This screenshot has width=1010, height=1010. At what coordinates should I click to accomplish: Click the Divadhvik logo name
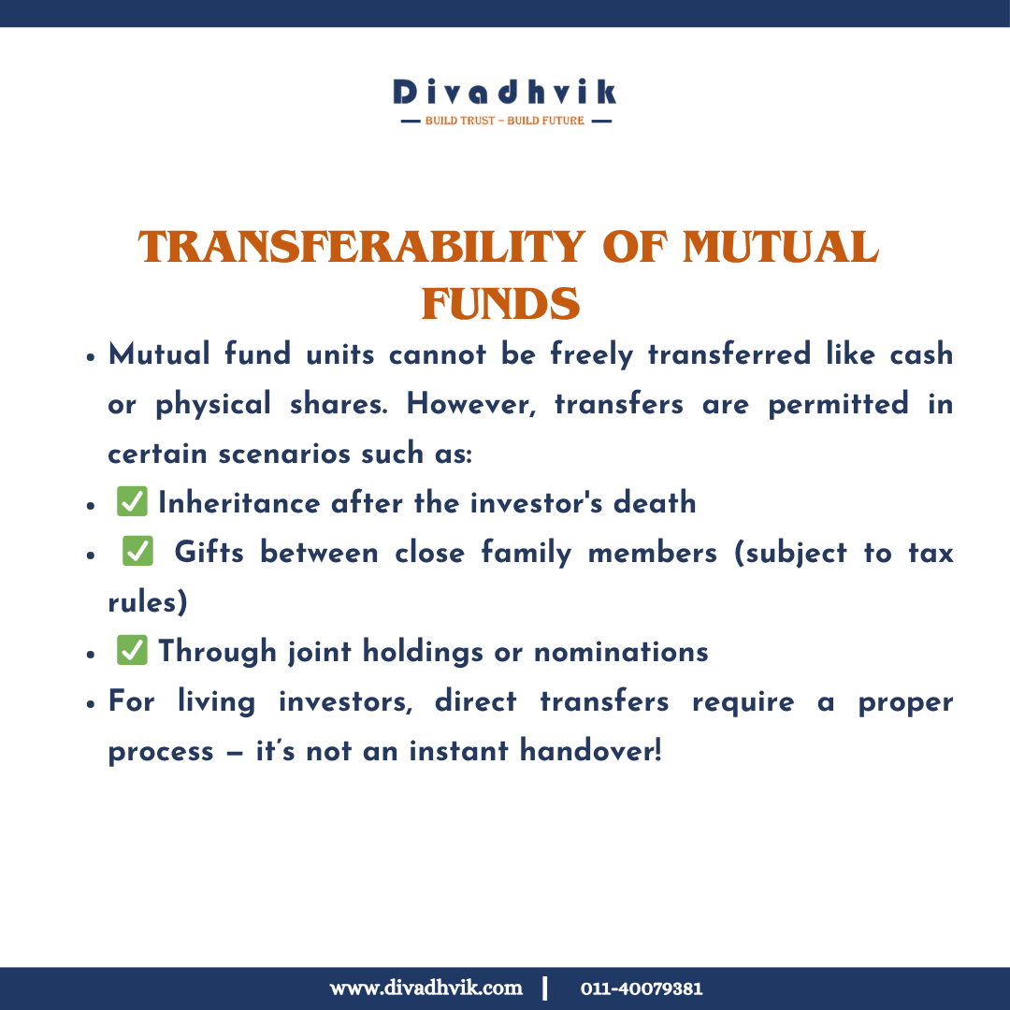pos(505,92)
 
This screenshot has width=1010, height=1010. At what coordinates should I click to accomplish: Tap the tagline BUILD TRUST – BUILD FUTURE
pos(505,121)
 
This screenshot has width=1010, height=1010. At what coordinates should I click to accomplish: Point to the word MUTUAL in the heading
pos(781,248)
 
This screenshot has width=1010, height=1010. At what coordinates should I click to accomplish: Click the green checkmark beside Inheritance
pos(132,502)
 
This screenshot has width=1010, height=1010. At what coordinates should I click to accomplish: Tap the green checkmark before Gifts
pos(137,552)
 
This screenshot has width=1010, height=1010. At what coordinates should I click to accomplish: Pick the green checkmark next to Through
pos(132,651)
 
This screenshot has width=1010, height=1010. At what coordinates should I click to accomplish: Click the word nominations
pos(621,651)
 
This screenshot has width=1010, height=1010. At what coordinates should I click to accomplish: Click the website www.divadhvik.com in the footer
pos(426,988)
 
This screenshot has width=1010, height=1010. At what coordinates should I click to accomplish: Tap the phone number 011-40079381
pos(642,988)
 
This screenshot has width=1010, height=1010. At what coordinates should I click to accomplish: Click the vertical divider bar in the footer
pos(545,988)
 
